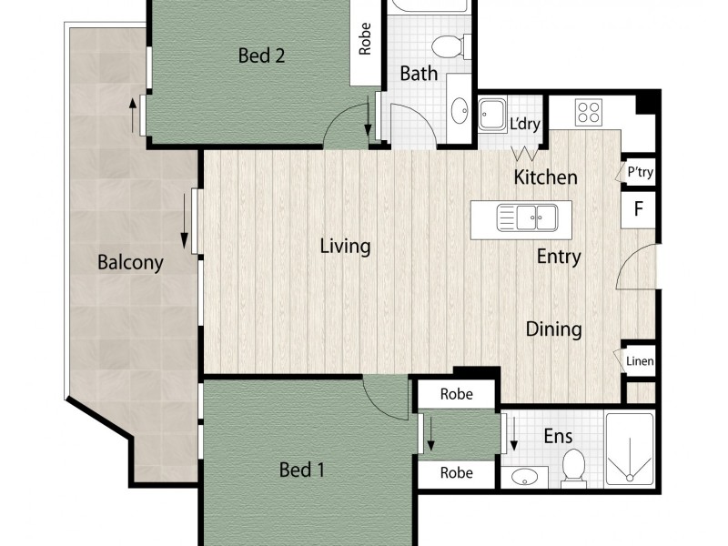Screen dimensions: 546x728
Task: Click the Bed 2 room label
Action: point(262,56)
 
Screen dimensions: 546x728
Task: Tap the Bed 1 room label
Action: point(301,470)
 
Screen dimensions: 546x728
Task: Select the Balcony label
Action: point(130,263)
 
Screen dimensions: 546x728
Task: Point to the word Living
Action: point(345,246)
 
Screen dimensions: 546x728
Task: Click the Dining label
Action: point(553,329)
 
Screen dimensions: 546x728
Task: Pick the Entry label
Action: point(558,257)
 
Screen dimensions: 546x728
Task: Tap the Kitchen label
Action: point(545,177)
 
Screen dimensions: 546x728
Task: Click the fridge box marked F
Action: point(638,208)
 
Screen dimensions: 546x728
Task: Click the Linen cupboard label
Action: point(640,361)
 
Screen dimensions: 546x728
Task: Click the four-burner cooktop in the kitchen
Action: point(588,112)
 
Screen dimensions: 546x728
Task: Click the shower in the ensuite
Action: point(630,450)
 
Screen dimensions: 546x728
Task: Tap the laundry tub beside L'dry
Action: point(491,116)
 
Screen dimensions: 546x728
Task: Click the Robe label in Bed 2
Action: point(365,40)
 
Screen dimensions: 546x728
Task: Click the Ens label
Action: point(557,436)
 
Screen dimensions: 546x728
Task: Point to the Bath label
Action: point(419,74)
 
